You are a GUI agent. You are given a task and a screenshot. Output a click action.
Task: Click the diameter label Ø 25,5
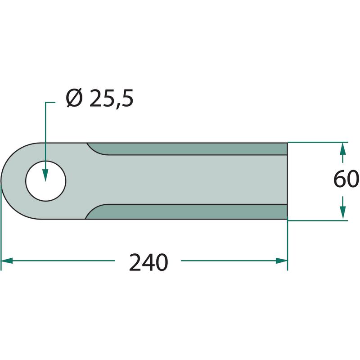[99, 99]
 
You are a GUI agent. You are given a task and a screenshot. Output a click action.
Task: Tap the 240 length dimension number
[148, 262]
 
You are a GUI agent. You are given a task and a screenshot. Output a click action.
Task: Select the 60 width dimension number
[346, 179]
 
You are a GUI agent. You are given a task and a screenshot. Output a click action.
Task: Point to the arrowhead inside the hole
[46, 175]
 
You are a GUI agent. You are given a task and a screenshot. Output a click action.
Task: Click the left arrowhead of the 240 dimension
[7, 261]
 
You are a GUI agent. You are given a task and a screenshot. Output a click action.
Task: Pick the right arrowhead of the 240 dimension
[282, 261]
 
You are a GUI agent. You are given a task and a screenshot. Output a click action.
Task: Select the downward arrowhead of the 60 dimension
[342, 212]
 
